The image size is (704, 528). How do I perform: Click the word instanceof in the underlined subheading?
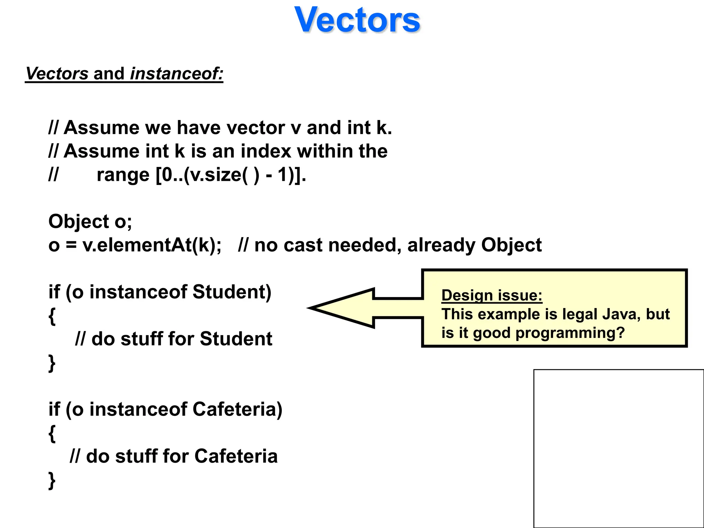click(177, 74)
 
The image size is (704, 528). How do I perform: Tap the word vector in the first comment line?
click(255, 128)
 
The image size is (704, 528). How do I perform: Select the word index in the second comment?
click(266, 151)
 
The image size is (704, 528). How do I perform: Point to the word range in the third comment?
click(123, 175)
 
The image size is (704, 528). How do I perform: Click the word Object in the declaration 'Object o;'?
click(79, 221)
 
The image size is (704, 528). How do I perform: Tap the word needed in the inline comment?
click(365, 245)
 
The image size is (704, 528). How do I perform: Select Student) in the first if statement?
click(232, 292)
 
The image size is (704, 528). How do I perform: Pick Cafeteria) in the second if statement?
click(237, 409)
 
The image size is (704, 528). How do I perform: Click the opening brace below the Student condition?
click(52, 316)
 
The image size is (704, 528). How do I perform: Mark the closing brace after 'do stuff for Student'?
click(52, 363)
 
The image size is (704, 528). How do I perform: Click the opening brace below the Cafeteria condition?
click(52, 433)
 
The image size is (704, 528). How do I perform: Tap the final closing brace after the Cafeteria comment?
click(52, 480)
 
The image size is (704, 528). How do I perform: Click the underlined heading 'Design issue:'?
click(492, 295)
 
